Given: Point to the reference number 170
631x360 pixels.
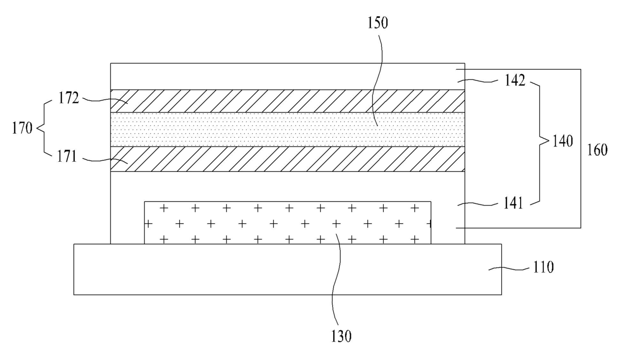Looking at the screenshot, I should coord(22,128).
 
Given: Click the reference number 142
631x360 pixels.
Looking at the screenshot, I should coord(515,80).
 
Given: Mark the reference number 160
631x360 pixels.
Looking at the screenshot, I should coord(597,151).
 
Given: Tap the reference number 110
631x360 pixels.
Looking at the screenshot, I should coord(542,267).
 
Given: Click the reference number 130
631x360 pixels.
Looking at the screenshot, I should coord(340,336).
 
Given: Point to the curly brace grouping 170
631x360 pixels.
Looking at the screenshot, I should coord(42,128).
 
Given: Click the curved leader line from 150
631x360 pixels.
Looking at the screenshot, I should coord(381,76).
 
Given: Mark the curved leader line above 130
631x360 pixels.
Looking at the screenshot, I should coord(333,285).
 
